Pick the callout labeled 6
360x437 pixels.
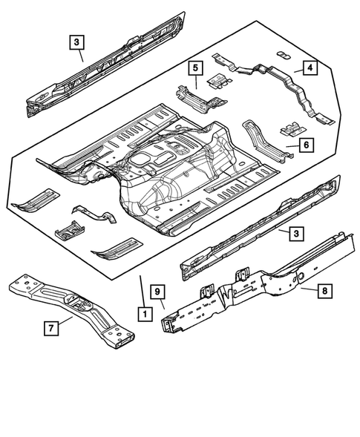pyautogui.click(x=304, y=145)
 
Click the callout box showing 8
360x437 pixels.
pyautogui.click(x=325, y=292)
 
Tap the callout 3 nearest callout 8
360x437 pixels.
pyautogui.click(x=295, y=234)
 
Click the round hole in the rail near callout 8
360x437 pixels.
pyautogui.click(x=304, y=275)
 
